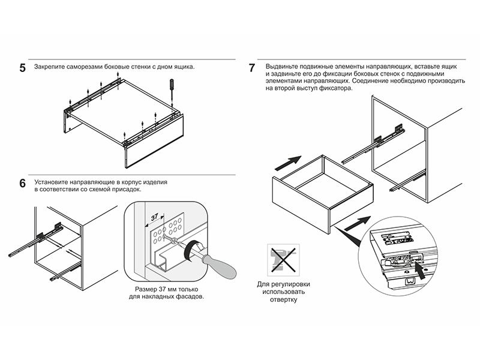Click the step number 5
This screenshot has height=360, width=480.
pos(22,68)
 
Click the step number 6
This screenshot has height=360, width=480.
pos(22,183)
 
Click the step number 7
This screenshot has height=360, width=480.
pos(252,68)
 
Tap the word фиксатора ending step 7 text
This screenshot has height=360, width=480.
pos(334,88)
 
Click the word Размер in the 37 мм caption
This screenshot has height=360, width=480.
pos(148,289)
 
